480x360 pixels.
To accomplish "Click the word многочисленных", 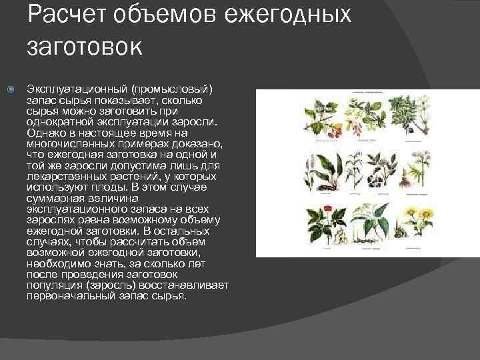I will click(69, 142).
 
